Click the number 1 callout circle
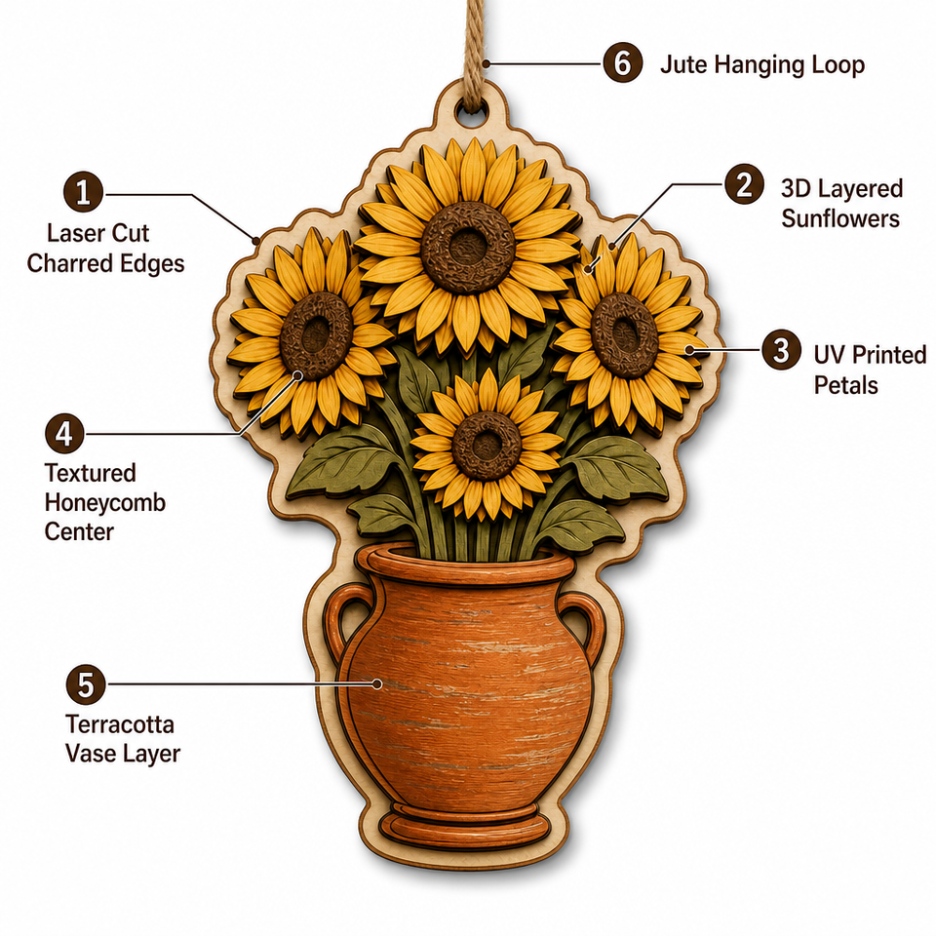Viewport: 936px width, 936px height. pos(84,192)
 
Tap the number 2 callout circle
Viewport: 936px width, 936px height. pos(744,184)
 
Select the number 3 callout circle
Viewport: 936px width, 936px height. pos(781,349)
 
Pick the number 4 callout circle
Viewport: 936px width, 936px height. pos(64,433)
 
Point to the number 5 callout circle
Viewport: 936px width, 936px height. pos(86,684)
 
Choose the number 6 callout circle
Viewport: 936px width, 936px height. pos(623,62)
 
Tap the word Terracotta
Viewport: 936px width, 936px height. pos(120,724)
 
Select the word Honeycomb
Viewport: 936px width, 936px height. pos(105,503)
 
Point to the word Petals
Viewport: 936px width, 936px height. pos(846,385)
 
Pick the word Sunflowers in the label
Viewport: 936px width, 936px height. pos(840,218)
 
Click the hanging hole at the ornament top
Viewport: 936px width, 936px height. pos(471,111)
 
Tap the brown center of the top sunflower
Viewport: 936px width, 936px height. pos(467,247)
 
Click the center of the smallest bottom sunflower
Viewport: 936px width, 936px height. pos(487,446)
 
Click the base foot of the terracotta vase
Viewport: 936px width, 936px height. pos(465,829)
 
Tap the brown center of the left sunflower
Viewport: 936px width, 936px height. pos(316,334)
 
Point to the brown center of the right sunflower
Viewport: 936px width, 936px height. pos(624,334)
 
